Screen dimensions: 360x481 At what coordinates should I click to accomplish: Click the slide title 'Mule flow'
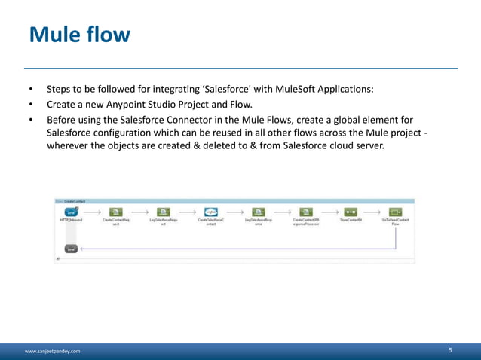[x=79, y=35]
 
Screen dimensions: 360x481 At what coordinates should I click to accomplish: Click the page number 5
[x=450, y=350]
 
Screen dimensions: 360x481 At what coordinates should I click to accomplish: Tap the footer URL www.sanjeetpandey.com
[x=52, y=351]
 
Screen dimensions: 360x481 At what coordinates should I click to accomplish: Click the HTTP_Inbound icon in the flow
[x=71, y=212]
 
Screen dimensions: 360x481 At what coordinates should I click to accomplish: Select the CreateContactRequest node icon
[x=116, y=212]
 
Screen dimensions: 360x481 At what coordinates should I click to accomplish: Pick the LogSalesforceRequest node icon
[x=164, y=212]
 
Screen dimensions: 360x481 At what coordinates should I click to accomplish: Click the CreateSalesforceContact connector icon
[x=211, y=212]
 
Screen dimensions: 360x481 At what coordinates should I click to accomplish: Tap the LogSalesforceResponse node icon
[x=259, y=212]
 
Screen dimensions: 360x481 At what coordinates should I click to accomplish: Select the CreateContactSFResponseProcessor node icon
[x=306, y=212]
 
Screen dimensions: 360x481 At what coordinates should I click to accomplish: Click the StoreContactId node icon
[x=351, y=212]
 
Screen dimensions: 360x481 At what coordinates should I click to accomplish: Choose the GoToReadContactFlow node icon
[x=395, y=212]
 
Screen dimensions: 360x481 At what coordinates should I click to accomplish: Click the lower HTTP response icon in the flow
[x=71, y=248]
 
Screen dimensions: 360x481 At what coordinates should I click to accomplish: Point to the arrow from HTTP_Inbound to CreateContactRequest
[x=93, y=212]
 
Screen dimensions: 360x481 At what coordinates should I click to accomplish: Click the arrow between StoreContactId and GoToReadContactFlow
[x=372, y=212]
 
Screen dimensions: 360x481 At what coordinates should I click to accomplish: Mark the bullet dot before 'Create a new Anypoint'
[x=31, y=104]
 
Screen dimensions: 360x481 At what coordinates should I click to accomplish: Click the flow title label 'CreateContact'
[x=75, y=201]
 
